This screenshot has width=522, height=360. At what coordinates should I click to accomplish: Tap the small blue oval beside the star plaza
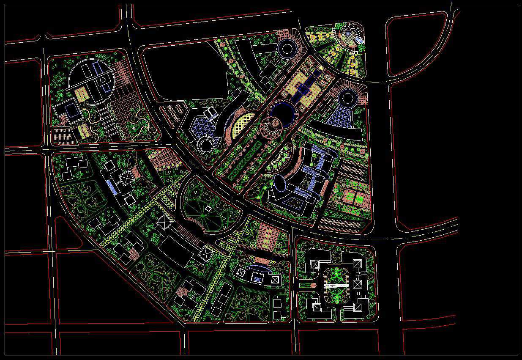tap(359, 40)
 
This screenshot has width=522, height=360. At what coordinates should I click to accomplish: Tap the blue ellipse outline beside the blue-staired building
tap(280, 183)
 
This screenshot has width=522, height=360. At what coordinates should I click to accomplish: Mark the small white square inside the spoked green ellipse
tap(208, 209)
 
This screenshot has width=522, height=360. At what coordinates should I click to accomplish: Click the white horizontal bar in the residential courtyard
tap(336, 286)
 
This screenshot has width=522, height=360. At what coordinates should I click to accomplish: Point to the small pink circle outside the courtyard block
tap(313, 286)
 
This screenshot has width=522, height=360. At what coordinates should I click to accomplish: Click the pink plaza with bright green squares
tap(354, 198)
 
